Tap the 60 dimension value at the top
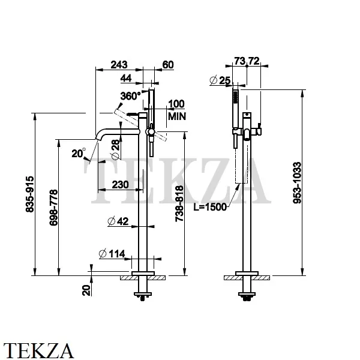tap(167, 65)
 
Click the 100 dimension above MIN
tap(176, 104)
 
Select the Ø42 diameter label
tap(118, 221)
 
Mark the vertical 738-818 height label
tap(179, 203)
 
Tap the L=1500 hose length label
tap(210, 206)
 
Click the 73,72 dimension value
tap(246, 61)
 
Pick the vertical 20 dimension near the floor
tap(86, 290)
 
